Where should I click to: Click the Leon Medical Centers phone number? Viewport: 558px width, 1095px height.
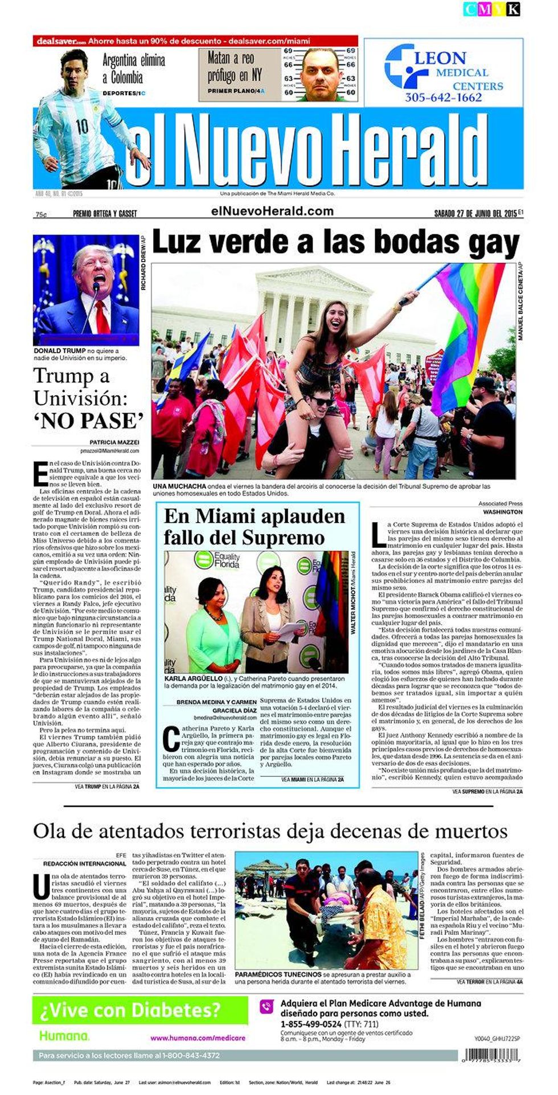[x=443, y=97]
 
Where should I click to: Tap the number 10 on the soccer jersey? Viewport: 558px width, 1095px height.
[x=82, y=126]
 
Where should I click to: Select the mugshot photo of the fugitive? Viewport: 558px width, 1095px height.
[x=320, y=74]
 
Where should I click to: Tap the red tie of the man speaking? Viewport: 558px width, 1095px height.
[x=102, y=316]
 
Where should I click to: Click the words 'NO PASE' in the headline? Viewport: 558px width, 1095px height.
[x=88, y=421]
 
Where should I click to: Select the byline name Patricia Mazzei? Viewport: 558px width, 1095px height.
[x=114, y=442]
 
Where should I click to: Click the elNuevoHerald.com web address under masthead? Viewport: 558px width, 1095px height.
[x=272, y=211]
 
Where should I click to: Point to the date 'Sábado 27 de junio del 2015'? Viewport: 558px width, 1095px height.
[x=475, y=214]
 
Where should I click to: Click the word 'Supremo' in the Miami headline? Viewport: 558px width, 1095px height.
[x=293, y=538]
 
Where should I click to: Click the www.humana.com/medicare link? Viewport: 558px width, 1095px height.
[x=197, y=1038]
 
